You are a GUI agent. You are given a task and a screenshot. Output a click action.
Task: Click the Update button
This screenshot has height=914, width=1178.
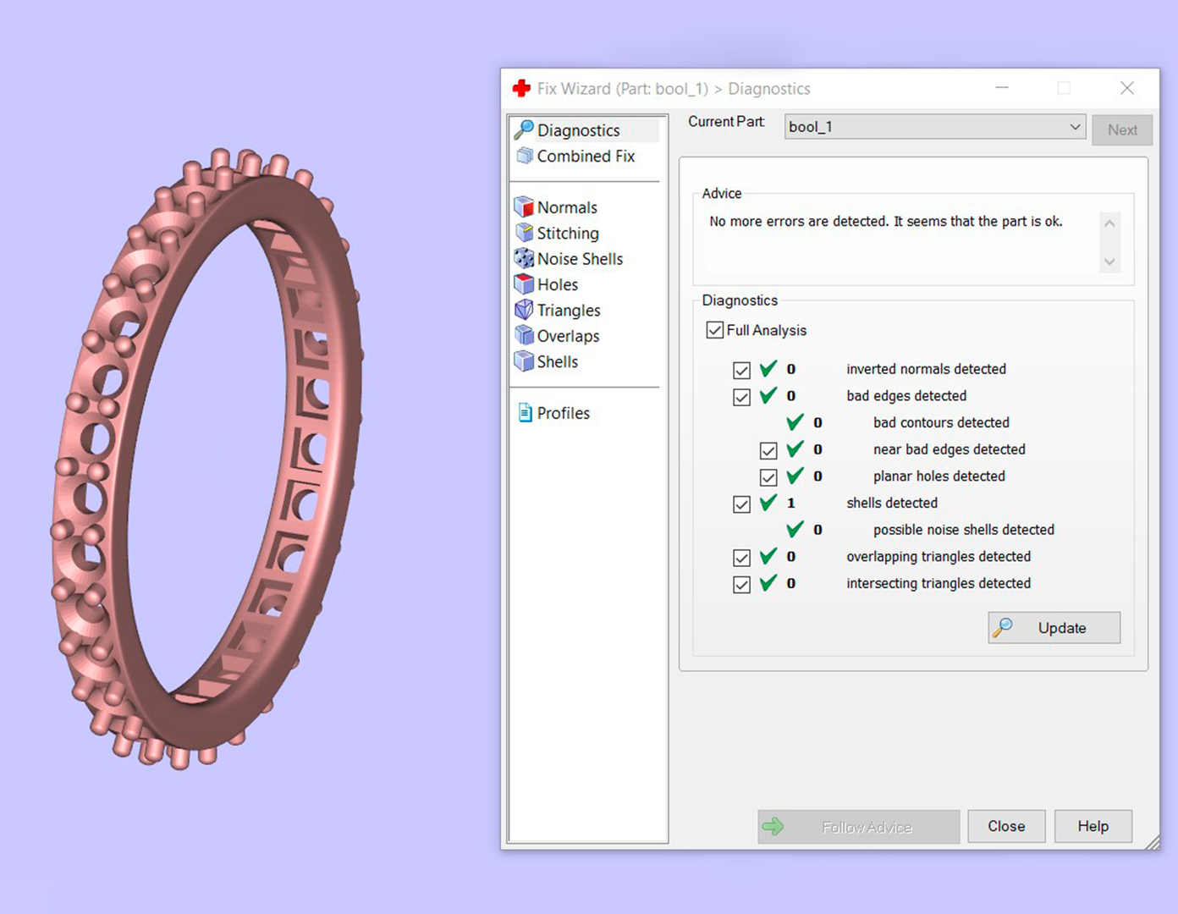[1054, 628]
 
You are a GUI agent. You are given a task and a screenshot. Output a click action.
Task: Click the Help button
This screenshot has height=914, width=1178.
[1093, 826]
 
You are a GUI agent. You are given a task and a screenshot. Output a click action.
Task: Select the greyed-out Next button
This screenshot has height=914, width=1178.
[1121, 129]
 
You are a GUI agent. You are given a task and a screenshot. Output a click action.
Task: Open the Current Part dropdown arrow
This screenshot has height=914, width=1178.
[1075, 127]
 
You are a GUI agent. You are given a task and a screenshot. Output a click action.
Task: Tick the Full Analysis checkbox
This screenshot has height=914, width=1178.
[715, 330]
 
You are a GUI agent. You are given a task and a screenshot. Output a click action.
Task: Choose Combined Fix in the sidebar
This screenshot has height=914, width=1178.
[585, 156]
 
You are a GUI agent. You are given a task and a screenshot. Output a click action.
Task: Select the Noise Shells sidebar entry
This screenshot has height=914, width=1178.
[580, 259]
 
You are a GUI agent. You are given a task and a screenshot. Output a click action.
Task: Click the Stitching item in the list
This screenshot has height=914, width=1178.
[567, 233]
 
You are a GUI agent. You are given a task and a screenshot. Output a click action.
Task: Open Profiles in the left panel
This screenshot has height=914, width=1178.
[563, 413]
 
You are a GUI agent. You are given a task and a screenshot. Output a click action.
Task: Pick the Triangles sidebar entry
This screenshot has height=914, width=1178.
[568, 311]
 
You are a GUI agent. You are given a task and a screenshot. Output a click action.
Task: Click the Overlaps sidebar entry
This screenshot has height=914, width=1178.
[568, 336]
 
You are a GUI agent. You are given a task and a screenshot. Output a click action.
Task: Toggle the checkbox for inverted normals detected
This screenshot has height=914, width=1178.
[741, 370]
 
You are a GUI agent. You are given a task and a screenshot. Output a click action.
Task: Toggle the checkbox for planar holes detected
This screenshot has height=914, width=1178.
[768, 477]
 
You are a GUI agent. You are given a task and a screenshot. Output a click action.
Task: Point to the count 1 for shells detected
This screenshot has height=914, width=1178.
[791, 503]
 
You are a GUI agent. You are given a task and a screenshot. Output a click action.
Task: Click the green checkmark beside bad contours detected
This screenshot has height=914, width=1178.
[795, 422]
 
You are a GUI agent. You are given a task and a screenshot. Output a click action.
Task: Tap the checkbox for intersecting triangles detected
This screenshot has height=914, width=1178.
[741, 584]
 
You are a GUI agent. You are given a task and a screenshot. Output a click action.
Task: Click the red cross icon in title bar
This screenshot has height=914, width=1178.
[521, 88]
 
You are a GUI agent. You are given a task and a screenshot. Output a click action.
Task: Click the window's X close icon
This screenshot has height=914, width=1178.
[1126, 88]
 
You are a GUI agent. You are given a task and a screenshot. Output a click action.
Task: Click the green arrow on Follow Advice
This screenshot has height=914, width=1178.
[773, 826]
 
